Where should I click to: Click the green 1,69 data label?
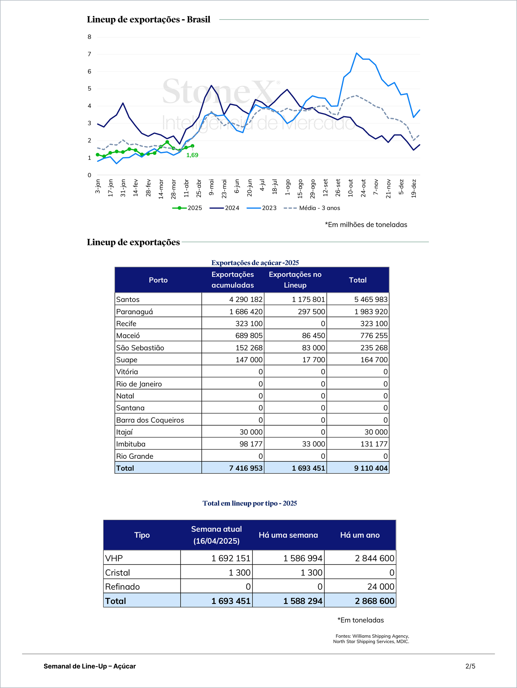click(x=192, y=155)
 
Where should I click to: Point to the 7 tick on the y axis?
click(x=90, y=54)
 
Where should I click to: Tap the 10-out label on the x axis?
click(x=351, y=188)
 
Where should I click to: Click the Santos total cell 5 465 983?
click(x=371, y=299)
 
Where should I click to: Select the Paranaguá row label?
click(x=135, y=311)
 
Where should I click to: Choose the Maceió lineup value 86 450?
click(x=313, y=335)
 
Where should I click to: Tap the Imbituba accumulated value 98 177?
click(x=251, y=444)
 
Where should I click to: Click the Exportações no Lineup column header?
click(x=295, y=280)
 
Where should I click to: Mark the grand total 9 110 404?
click(x=371, y=468)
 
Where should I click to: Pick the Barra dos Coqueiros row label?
click(x=150, y=420)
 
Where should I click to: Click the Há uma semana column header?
click(x=288, y=535)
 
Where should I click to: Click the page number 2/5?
click(x=470, y=666)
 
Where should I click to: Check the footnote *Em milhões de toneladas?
click(x=366, y=225)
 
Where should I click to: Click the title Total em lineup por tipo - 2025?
click(x=250, y=503)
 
